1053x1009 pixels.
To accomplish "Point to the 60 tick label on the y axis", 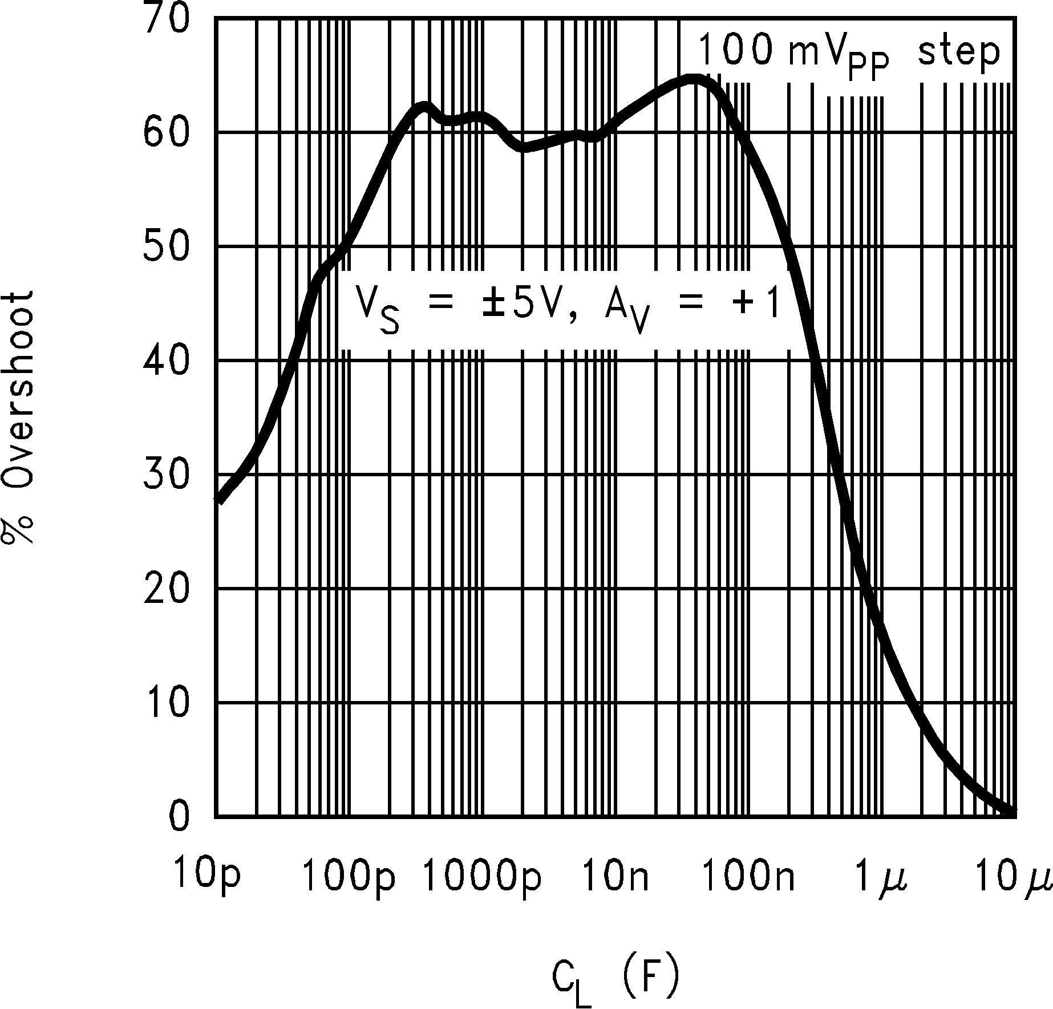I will pyautogui.click(x=166, y=132).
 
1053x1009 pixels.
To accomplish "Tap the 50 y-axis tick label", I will pyautogui.click(x=166, y=246).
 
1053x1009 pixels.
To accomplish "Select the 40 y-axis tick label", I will pyautogui.click(x=166, y=360).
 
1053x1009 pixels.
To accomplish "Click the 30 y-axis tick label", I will pyautogui.click(x=166, y=474).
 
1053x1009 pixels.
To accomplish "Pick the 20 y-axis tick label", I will pyautogui.click(x=166, y=588).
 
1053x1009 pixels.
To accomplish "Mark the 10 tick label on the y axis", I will pyautogui.click(x=166, y=702).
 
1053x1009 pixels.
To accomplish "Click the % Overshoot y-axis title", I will pyautogui.click(x=21, y=417).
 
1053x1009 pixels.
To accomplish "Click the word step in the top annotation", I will pyautogui.click(x=959, y=53).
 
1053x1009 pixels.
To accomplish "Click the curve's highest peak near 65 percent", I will pyautogui.click(x=692, y=79).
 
